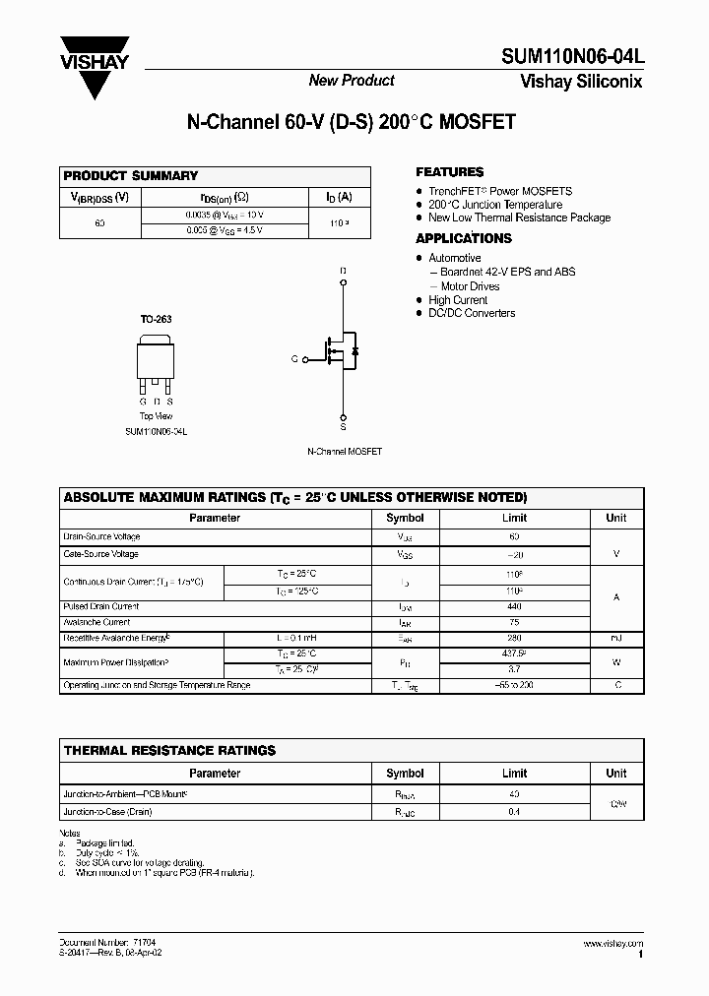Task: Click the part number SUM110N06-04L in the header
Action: [579, 58]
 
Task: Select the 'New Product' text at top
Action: [352, 81]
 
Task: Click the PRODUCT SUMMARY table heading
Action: [131, 175]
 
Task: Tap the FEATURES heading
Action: [449, 171]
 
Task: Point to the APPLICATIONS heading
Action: [463, 238]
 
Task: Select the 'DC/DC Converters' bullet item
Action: [471, 313]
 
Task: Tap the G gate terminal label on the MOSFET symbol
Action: [293, 359]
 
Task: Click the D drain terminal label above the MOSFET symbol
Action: [343, 270]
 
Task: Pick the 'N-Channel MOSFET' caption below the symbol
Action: [344, 451]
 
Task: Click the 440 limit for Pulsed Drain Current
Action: [514, 607]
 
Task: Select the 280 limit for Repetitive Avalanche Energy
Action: [514, 639]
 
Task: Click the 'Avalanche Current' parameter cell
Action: [97, 622]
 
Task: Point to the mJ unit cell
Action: [615, 639]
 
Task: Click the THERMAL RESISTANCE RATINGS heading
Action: [169, 750]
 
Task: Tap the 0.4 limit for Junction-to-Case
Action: [514, 812]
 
